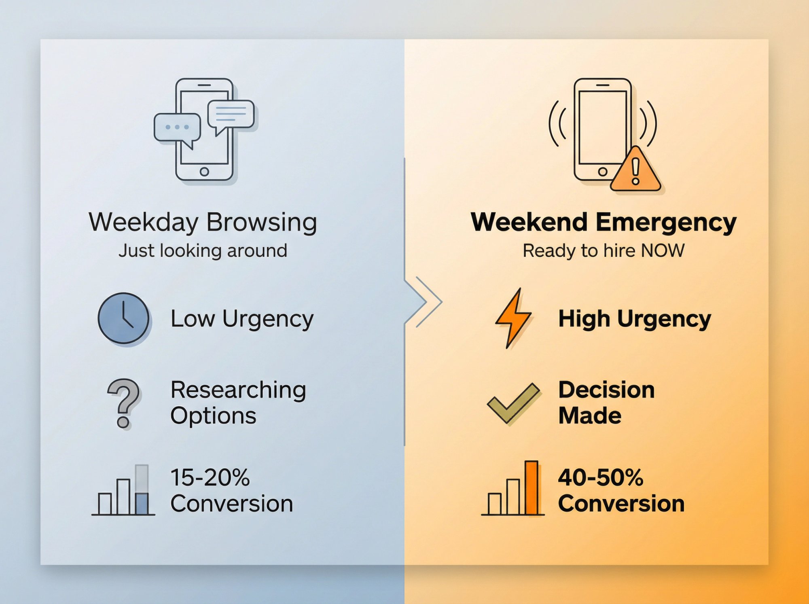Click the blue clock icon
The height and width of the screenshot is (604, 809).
[123, 318]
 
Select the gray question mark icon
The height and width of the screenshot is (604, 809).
[124, 403]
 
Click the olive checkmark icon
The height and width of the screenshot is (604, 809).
[513, 403]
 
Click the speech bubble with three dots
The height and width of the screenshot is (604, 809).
[177, 128]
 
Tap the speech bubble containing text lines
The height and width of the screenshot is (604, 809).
[231, 114]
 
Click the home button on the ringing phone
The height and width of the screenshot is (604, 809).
[603, 172]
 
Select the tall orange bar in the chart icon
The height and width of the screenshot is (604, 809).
[531, 487]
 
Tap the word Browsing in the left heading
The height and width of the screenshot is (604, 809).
[261, 223]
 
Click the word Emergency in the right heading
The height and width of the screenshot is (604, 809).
[666, 223]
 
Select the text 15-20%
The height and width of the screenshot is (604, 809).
[210, 477]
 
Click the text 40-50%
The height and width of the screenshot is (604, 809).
[600, 477]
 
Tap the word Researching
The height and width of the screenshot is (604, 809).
[238, 390]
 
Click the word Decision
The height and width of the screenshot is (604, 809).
[606, 390]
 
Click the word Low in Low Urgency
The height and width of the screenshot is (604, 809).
[192, 319]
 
